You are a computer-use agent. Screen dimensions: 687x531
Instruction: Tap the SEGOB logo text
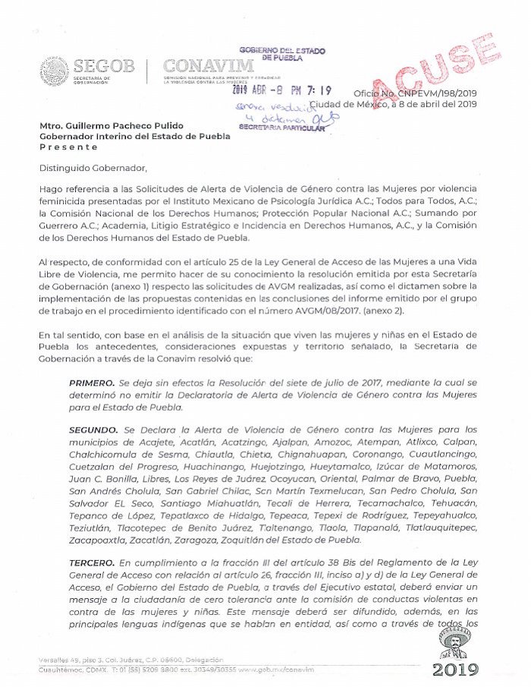point(105,66)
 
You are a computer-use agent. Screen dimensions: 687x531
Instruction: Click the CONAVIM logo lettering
point(208,66)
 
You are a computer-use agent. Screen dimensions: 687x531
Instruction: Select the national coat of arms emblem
point(55,71)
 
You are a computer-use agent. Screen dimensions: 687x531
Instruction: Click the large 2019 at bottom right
point(456,670)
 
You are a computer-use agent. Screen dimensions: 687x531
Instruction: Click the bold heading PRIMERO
point(92,384)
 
